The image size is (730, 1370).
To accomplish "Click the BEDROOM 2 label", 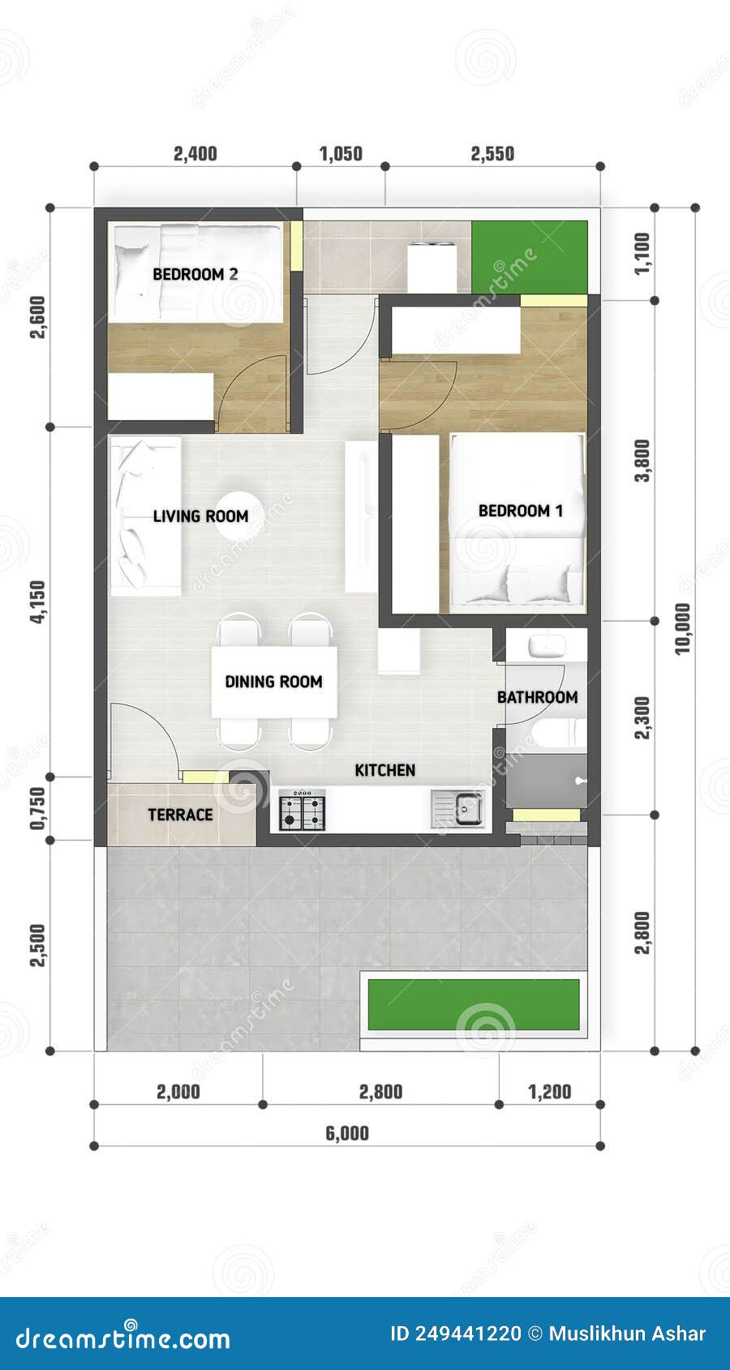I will [x=195, y=274].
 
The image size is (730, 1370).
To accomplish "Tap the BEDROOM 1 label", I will [x=520, y=511].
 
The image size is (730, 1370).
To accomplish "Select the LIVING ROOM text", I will [x=200, y=516].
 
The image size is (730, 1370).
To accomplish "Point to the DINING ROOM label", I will [x=273, y=682].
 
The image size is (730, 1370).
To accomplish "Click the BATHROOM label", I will [x=537, y=697].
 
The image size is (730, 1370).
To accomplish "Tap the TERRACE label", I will [x=180, y=815].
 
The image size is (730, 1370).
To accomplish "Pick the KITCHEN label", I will [x=384, y=770].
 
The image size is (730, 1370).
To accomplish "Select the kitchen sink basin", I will [x=469, y=808].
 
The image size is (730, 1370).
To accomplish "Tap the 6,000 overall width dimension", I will [x=347, y=1133].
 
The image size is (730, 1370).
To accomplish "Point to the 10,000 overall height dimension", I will [x=683, y=628].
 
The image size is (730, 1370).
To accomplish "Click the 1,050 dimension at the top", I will [x=341, y=154].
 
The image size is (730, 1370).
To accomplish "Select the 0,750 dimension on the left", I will [x=37, y=808].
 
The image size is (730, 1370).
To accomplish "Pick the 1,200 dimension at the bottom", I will [x=550, y=1092].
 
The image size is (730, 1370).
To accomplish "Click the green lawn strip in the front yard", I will [x=474, y=1004].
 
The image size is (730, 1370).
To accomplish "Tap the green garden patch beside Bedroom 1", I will [x=530, y=257].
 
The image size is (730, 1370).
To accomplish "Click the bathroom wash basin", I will [x=547, y=646].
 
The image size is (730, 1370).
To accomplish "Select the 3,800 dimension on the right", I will [x=642, y=460].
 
